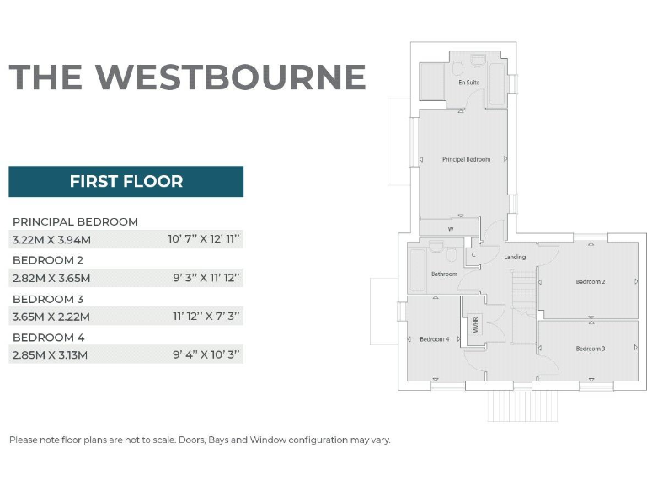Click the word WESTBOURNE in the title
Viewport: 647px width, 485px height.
pyautogui.click(x=230, y=77)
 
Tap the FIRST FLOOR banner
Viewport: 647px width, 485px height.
pyautogui.click(x=126, y=181)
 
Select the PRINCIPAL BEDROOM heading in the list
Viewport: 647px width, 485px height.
pyautogui.click(x=76, y=221)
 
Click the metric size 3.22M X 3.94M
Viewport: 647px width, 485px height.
pyautogui.click(x=51, y=239)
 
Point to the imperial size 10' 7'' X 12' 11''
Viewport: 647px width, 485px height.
pyautogui.click(x=204, y=239)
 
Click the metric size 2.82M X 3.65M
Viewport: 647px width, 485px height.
pyautogui.click(x=51, y=278)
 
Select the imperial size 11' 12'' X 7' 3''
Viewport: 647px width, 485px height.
pyautogui.click(x=206, y=317)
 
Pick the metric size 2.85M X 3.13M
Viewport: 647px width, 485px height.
pyautogui.click(x=51, y=355)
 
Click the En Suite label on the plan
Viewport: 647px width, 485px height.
pyautogui.click(x=468, y=83)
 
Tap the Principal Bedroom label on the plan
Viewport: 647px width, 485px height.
pyautogui.click(x=466, y=159)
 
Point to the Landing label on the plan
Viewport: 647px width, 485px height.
pyautogui.click(x=515, y=257)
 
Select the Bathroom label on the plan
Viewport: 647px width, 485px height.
pyautogui.click(x=444, y=274)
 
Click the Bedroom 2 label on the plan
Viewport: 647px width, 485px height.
pyautogui.click(x=590, y=282)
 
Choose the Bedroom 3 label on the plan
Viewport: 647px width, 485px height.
pyautogui.click(x=590, y=349)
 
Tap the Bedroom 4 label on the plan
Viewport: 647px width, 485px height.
pyautogui.click(x=434, y=339)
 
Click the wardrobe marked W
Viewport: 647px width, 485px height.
pyautogui.click(x=451, y=228)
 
